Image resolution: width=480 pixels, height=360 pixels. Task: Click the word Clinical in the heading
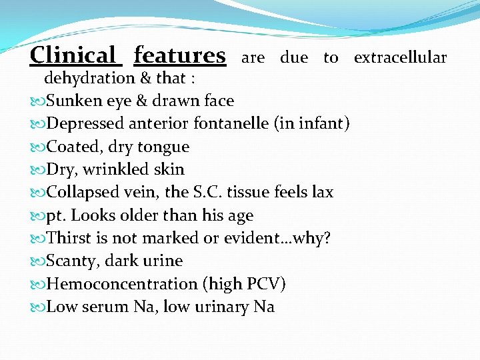73,55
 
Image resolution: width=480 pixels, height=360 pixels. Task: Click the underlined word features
179,55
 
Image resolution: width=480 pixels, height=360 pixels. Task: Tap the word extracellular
400,57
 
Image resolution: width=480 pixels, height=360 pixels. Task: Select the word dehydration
89,79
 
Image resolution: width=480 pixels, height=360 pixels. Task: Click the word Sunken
73,101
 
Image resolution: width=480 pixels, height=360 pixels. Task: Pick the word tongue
165,147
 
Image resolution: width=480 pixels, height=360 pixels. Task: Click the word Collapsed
85,192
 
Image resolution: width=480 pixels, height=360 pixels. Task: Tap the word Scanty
73,261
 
